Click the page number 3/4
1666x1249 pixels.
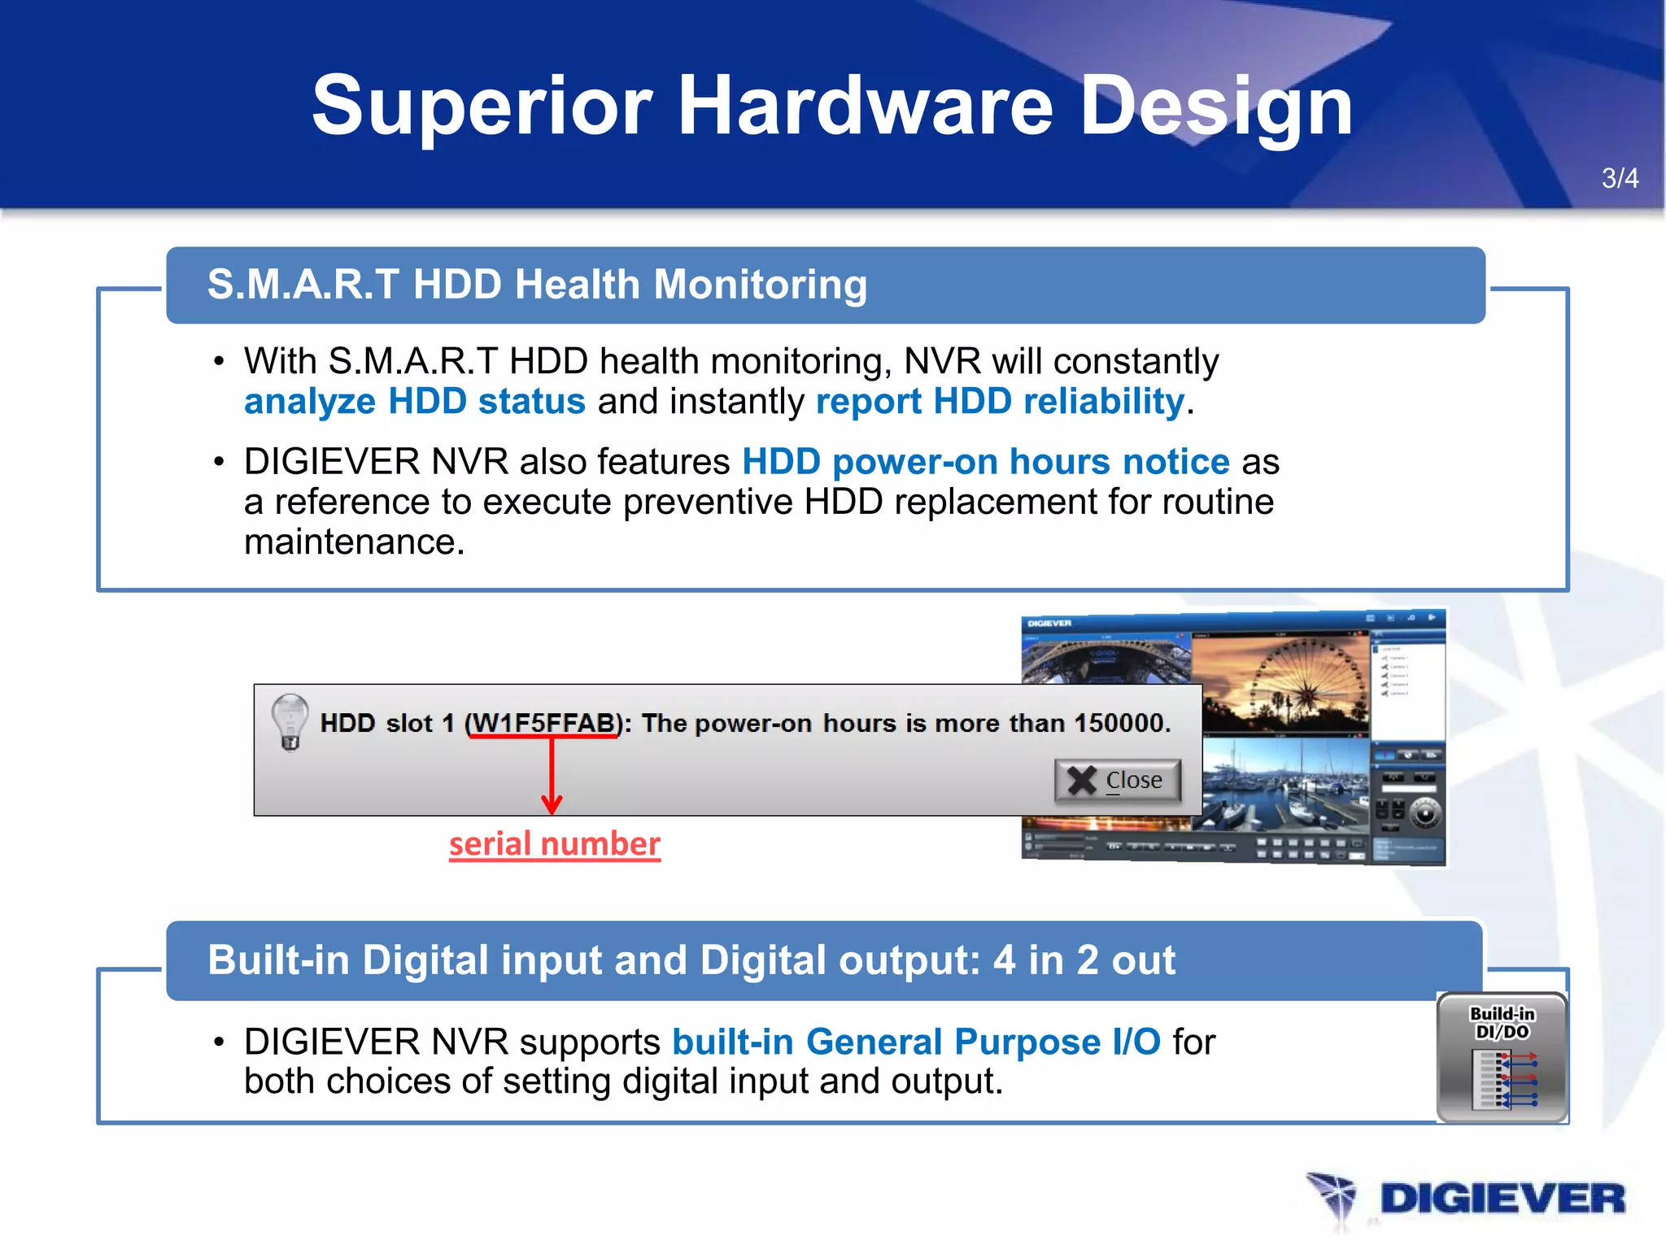click(1619, 178)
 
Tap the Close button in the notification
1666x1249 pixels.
click(1118, 781)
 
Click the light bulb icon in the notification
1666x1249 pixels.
click(289, 721)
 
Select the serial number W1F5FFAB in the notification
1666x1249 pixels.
click(543, 723)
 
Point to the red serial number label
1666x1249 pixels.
click(554, 844)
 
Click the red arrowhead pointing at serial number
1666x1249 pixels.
click(552, 804)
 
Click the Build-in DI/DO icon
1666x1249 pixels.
click(1502, 1057)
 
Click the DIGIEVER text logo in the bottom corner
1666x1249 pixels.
click(1502, 1199)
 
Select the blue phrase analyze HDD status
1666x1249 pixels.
click(414, 402)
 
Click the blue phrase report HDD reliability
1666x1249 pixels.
click(1000, 402)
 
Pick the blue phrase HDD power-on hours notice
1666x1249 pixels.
click(985, 462)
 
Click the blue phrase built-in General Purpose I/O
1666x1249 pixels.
click(916, 1042)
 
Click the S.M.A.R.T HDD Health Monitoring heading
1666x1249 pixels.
click(537, 285)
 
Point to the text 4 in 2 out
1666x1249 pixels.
click(1084, 960)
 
